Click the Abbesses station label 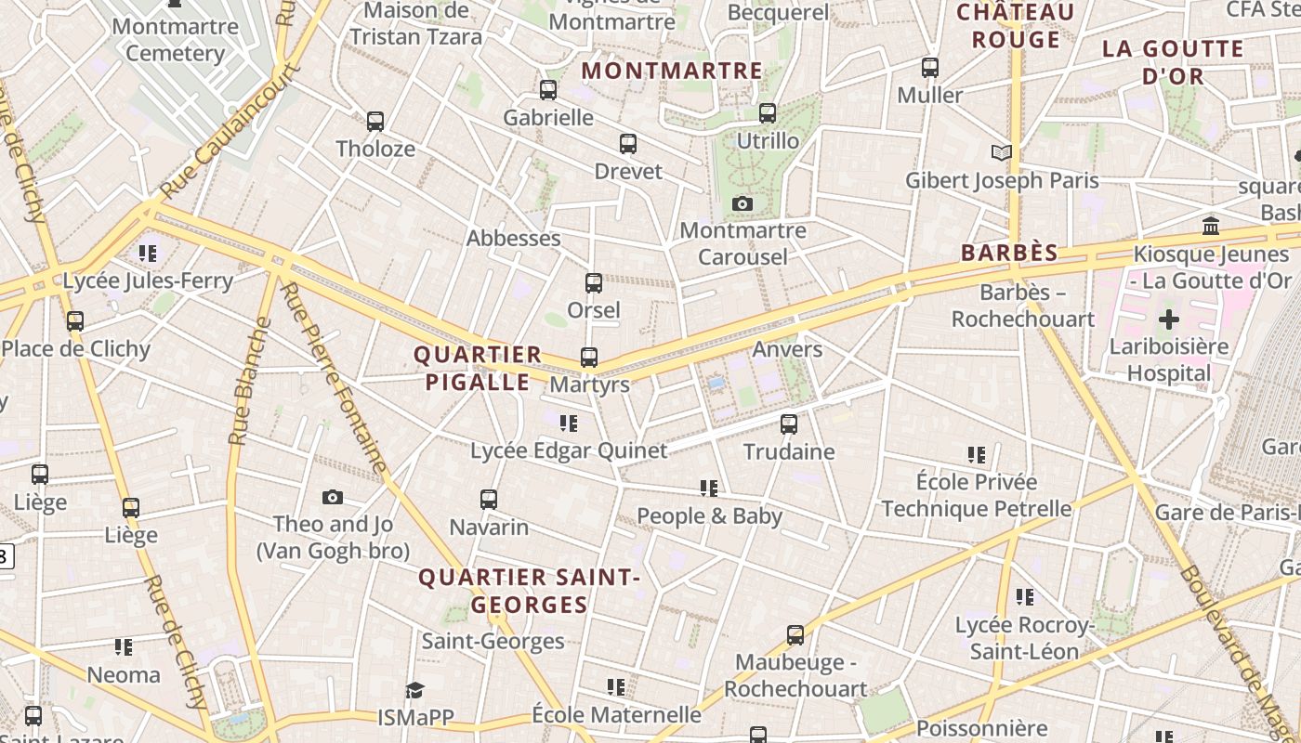click(513, 238)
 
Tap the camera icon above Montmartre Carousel click(742, 203)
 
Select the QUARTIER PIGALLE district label click(477, 368)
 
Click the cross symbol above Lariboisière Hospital click(1168, 319)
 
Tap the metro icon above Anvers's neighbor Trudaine click(789, 424)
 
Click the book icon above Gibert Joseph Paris click(1001, 152)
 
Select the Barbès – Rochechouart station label click(1023, 306)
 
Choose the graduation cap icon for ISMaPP click(414, 690)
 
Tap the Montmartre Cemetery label click(175, 39)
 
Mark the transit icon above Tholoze click(375, 122)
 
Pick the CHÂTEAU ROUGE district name click(1016, 26)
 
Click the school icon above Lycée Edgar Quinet click(569, 424)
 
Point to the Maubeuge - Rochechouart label click(795, 675)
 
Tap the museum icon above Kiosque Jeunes click(1210, 226)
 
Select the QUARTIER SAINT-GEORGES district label click(530, 591)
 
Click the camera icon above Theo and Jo click(332, 497)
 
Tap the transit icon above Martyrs click(589, 357)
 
